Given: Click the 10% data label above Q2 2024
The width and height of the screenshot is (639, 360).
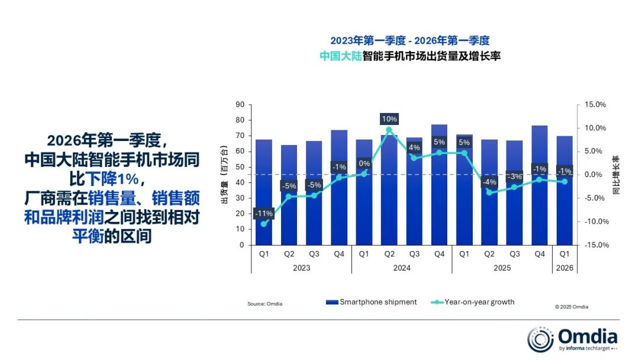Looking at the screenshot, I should (389, 119).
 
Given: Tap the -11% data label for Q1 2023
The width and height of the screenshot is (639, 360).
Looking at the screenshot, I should (263, 213).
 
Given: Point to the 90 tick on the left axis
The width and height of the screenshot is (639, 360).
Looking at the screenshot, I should (240, 105).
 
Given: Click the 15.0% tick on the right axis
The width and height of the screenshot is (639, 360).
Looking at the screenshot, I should (595, 105).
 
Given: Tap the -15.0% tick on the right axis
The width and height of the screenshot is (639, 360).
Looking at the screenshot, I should (594, 245).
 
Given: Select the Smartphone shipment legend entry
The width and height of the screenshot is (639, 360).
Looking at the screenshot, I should (372, 302).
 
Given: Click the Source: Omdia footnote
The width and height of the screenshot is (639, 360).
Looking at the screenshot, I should (264, 304).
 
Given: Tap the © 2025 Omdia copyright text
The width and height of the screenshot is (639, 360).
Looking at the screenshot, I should (572, 307).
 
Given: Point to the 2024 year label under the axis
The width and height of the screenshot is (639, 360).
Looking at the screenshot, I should (401, 268).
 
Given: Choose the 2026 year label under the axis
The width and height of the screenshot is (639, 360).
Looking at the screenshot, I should (564, 268).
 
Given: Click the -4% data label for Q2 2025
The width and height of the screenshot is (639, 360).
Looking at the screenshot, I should (490, 182).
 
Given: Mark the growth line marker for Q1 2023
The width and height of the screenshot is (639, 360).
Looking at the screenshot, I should (263, 224).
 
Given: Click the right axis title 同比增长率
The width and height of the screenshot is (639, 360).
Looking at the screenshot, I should (616, 176).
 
